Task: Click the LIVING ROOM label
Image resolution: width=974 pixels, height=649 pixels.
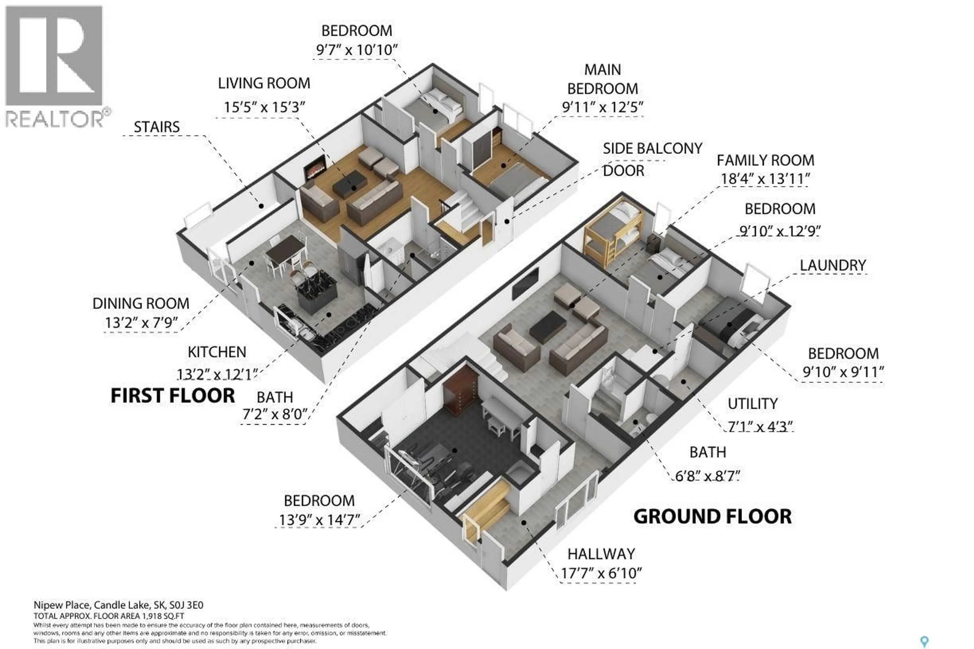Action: (x=264, y=83)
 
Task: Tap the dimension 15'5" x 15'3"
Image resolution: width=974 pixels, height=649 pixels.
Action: (x=264, y=107)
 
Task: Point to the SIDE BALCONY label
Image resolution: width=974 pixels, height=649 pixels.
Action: (x=652, y=148)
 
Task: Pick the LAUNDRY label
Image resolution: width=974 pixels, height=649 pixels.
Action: (x=832, y=265)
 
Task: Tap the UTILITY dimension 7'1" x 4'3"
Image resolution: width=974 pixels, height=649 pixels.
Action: (x=760, y=426)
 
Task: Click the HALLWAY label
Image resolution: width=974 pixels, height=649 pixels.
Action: (x=601, y=554)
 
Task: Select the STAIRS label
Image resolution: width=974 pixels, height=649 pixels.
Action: (x=156, y=127)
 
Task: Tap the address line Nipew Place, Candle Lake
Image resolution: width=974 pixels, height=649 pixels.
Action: (x=118, y=605)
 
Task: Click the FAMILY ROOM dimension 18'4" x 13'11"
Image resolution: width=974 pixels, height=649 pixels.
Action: (x=765, y=179)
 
